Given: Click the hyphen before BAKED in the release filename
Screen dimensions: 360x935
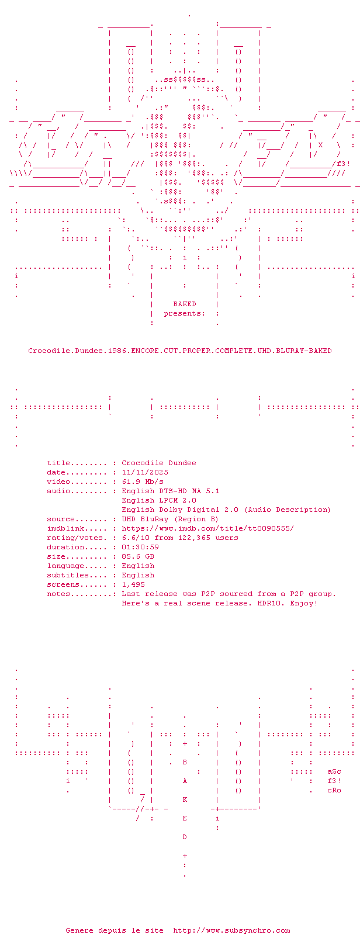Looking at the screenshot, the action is click(306, 351).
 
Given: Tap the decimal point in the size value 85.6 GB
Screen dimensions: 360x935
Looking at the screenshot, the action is click(133, 558).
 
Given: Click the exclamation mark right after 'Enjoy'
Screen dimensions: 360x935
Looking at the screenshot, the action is click(316, 603).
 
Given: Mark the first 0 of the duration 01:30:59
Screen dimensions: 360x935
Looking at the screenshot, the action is click(124, 547).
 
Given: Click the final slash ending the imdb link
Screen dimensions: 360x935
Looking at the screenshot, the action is click(292, 528).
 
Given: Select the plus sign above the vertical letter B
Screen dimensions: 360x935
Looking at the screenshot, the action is click(185, 743).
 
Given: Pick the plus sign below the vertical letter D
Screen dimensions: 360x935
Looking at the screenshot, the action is click(185, 856).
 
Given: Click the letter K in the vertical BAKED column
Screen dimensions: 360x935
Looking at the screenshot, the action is click(185, 799).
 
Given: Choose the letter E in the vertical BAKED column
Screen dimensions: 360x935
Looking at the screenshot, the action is click(185, 818).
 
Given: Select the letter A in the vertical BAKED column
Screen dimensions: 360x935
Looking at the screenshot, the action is click(185, 781).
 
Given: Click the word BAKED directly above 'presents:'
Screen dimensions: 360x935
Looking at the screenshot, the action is click(185, 304).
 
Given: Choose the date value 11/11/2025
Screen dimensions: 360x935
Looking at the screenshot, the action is click(145, 472).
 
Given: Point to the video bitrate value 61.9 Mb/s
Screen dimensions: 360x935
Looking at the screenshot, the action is click(143, 482).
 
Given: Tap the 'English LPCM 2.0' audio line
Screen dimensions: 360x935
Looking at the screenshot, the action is click(159, 500).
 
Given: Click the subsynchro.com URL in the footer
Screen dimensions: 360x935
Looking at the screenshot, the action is click(231, 930).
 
